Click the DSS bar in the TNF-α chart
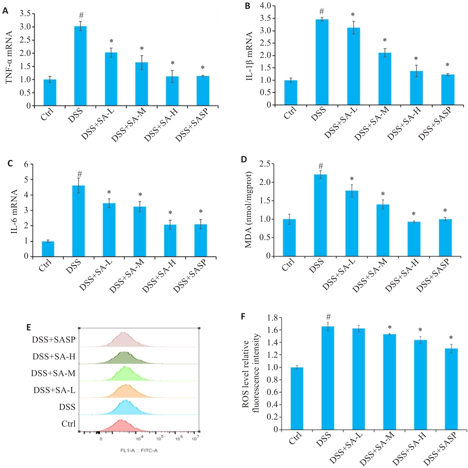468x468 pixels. [80, 66]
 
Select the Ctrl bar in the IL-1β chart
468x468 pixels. [291, 93]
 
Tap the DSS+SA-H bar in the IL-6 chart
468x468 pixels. [170, 241]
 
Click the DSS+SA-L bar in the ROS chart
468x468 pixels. [358, 379]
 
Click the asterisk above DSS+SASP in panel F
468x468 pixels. [451, 338]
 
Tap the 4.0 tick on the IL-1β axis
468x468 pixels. [265, 6]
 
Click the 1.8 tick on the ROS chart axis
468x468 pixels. [272, 318]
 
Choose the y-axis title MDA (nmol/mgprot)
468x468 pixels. [249, 210]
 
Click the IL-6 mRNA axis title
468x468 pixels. [14, 212]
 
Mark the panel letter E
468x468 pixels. [29, 327]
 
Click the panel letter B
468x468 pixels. [247, 6]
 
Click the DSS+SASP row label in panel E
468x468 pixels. [54, 340]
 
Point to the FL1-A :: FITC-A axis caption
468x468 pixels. [139, 450]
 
